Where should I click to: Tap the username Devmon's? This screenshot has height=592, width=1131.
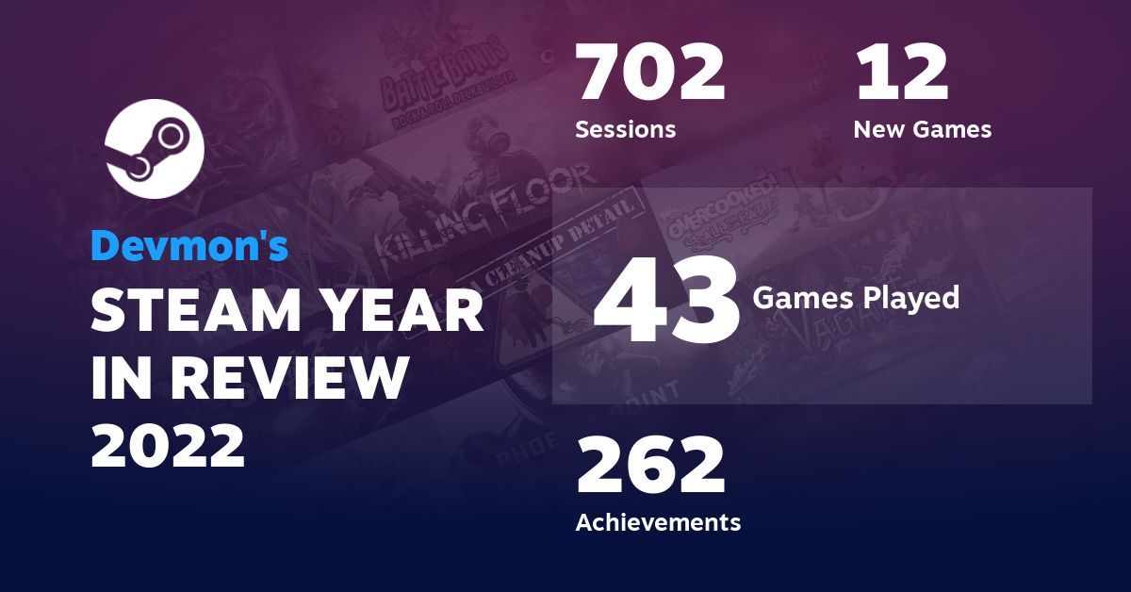click(x=189, y=246)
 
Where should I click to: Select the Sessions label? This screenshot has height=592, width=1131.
click(x=625, y=129)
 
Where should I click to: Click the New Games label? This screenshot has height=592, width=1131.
click(x=922, y=129)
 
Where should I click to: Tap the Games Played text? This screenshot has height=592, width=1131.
click(x=856, y=299)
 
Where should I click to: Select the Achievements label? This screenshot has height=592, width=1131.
click(x=658, y=521)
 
